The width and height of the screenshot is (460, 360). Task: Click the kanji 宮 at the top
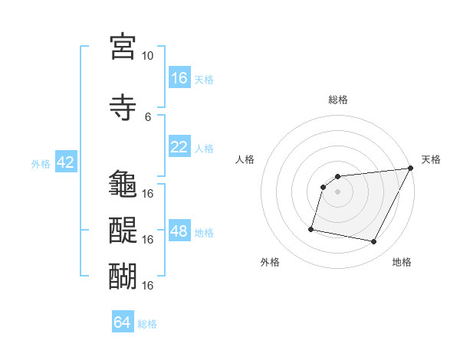point(123,46)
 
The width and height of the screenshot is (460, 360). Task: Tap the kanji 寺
point(123,106)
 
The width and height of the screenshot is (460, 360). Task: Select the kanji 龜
point(123,184)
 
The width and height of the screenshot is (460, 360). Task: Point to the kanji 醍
point(123,229)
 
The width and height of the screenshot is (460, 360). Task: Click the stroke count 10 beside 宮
point(148,56)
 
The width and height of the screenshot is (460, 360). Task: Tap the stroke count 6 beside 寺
point(148,116)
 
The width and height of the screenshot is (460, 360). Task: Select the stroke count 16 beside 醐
point(148,285)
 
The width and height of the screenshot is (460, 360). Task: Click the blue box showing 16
point(179,78)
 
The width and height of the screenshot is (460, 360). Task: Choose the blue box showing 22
point(179,147)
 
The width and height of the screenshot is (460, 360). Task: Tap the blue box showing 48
point(179,231)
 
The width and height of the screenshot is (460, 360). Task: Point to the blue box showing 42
point(65,162)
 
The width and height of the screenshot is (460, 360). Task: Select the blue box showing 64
point(123,322)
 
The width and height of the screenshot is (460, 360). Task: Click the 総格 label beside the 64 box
point(147,324)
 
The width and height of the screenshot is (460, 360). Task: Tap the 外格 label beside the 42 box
point(41,164)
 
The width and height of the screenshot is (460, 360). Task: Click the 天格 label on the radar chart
point(431,159)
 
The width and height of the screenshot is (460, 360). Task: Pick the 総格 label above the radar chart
point(337,100)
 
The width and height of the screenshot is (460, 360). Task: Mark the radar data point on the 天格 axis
point(410,169)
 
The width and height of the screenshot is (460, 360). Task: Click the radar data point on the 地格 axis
point(374,242)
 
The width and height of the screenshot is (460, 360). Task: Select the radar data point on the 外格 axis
point(311,229)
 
